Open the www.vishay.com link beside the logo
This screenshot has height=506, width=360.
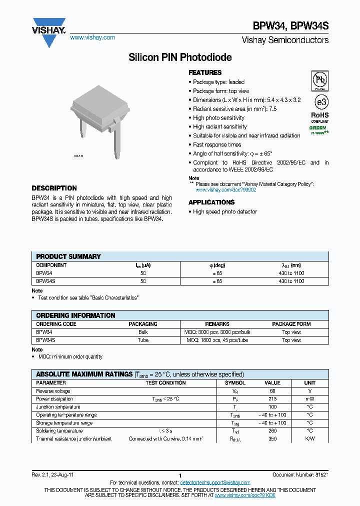pos(92,37)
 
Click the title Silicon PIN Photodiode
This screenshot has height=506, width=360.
pos(180,57)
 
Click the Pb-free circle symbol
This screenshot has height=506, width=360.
pos(319,79)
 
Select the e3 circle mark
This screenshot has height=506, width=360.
pos(320,102)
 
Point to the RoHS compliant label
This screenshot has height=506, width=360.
pos(320,117)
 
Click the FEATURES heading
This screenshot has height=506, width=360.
pos(205,72)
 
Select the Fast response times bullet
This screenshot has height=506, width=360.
pos(217,144)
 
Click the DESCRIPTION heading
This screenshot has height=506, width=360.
pos(54,188)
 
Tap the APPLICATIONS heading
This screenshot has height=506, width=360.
pos(211,202)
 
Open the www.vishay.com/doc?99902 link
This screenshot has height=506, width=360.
pos(225,190)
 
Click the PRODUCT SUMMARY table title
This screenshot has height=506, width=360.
pos(68,256)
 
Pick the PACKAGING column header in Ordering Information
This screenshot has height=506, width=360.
pos(143,324)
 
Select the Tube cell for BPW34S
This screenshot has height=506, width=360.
pos(143,340)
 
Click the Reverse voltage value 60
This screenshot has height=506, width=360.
pos(272,391)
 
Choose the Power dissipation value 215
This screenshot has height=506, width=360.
pos(272,399)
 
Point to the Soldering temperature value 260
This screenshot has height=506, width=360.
pos(272,430)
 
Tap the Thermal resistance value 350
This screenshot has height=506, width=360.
pos(272,438)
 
